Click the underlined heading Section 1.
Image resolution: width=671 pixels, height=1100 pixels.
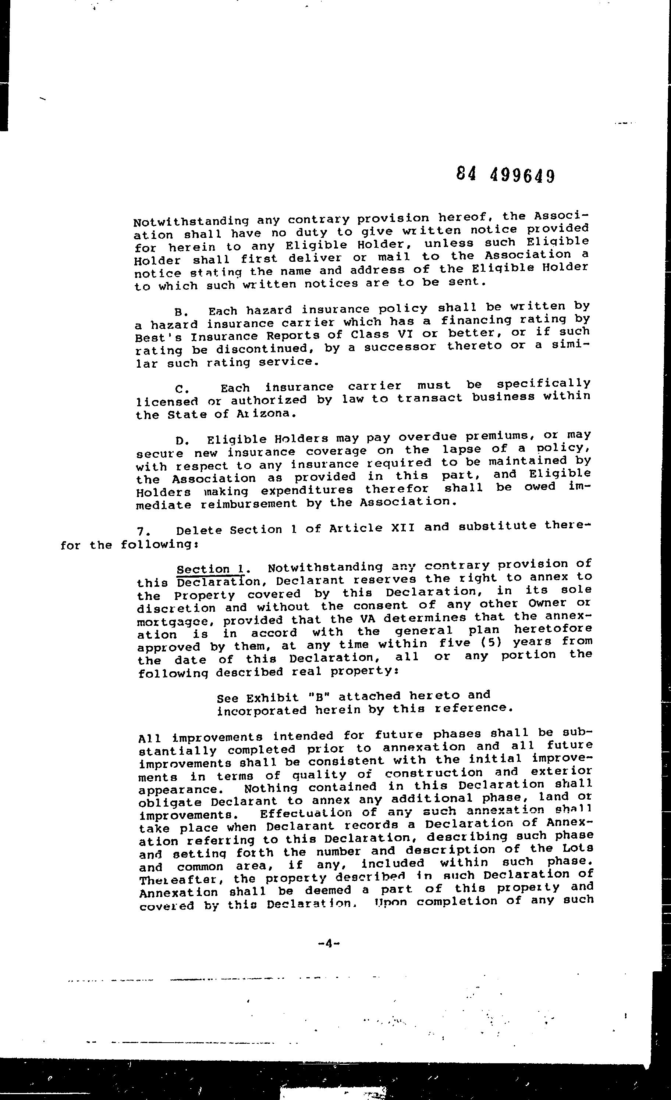point(210,569)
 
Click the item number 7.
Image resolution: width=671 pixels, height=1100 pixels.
point(143,531)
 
